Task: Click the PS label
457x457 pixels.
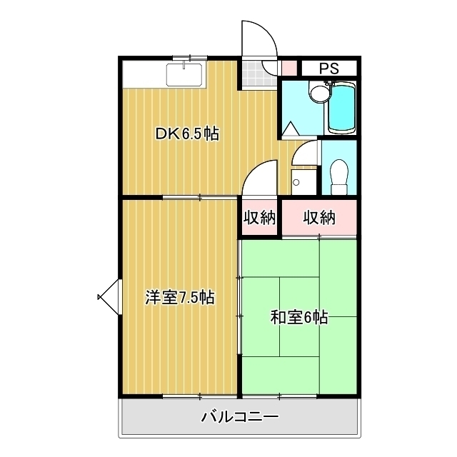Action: click(x=329, y=69)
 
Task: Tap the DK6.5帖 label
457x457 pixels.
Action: click(x=187, y=134)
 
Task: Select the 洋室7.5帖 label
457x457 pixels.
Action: click(x=180, y=298)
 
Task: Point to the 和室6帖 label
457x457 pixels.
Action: click(x=299, y=317)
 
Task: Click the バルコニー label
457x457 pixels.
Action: click(x=240, y=417)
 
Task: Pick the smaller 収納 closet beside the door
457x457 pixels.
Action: click(x=259, y=217)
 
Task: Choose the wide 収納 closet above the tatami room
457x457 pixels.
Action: click(x=319, y=217)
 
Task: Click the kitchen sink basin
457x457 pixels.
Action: click(x=184, y=75)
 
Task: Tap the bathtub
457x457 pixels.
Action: click(x=341, y=109)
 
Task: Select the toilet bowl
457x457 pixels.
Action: click(x=340, y=177)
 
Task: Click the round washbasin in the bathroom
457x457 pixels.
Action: click(x=319, y=94)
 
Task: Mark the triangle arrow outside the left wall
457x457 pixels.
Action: click(x=109, y=297)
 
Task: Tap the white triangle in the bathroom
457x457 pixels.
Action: click(x=291, y=128)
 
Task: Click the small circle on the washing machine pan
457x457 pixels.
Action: click(x=296, y=183)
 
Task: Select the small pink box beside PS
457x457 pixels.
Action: click(x=289, y=68)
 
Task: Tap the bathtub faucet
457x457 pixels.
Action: click(x=331, y=83)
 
